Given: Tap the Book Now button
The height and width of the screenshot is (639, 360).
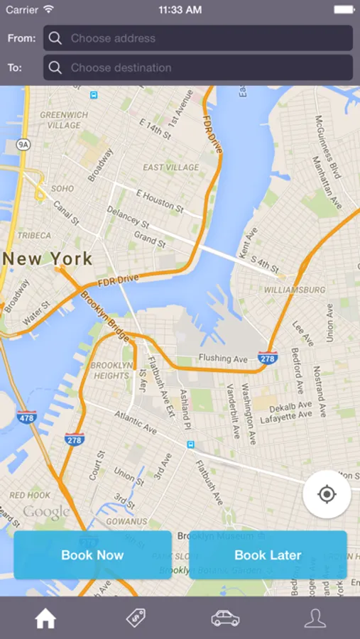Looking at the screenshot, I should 92,555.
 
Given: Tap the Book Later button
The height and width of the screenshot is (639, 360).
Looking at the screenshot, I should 268,555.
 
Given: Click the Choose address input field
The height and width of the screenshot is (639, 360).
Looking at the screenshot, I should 198,38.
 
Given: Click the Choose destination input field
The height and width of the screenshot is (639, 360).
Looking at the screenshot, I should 198,68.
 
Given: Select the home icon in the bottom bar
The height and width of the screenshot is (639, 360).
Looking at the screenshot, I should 45,618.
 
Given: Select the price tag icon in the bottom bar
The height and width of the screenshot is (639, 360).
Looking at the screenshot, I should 136,618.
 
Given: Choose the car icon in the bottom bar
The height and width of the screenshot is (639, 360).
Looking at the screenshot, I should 225,618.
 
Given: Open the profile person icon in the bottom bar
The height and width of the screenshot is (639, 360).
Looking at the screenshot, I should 315,618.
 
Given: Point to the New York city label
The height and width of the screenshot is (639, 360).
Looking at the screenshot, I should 47,258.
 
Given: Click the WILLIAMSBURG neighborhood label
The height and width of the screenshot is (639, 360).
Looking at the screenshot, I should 295,290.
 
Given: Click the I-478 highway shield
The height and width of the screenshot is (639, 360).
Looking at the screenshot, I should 27,417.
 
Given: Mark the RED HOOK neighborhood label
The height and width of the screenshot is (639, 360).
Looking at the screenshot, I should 30,495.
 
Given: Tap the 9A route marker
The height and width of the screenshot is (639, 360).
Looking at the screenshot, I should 23,144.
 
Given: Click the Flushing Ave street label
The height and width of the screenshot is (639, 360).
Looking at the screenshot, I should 226,357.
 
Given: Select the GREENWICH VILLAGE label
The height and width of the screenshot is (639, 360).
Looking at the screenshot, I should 63,120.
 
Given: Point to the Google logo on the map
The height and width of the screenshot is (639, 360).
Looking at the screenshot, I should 46,512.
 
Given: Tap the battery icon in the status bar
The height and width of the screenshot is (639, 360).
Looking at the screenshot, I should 342,10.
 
